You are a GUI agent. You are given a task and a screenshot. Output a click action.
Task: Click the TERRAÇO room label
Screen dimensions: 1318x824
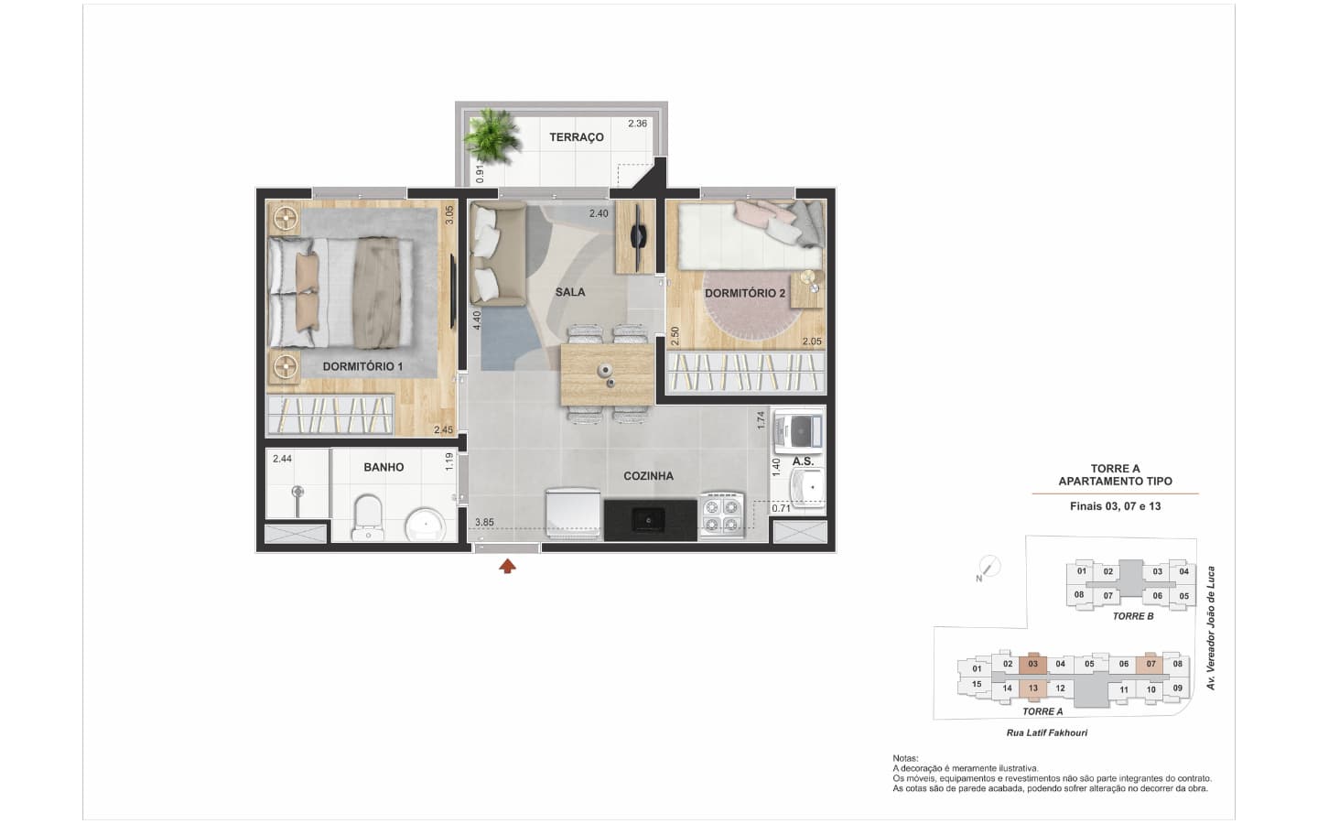(576, 137)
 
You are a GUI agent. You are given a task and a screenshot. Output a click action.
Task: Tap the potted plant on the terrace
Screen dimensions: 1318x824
(491, 136)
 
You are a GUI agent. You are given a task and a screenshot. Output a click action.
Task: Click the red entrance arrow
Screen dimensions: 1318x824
(507, 566)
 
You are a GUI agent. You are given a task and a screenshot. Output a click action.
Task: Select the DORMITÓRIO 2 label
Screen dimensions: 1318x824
(745, 293)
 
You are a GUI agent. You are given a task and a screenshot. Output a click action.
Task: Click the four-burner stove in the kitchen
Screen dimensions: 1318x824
(721, 515)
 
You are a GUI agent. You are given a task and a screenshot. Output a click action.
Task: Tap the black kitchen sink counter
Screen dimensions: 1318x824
(650, 520)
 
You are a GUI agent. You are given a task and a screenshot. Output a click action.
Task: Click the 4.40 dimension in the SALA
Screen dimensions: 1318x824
(477, 320)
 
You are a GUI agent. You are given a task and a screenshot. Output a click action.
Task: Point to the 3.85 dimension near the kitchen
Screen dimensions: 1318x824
(484, 522)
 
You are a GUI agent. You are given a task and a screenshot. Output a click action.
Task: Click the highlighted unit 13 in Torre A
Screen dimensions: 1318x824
(1032, 688)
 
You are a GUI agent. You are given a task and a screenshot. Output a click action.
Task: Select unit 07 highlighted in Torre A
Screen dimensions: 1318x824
(1151, 664)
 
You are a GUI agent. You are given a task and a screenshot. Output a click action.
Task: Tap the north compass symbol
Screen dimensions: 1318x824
(989, 568)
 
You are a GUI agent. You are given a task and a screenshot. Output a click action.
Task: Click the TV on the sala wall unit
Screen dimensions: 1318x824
(638, 236)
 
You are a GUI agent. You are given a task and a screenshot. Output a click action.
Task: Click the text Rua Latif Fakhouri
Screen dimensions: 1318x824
(1047, 732)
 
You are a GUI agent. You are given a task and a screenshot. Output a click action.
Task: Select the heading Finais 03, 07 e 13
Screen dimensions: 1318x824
(1115, 506)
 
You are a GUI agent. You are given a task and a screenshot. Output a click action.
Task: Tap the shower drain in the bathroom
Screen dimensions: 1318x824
(298, 491)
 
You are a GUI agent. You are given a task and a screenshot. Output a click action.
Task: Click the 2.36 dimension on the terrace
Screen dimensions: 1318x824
(637, 124)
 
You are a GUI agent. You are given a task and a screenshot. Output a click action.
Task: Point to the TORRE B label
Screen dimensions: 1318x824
(1133, 616)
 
